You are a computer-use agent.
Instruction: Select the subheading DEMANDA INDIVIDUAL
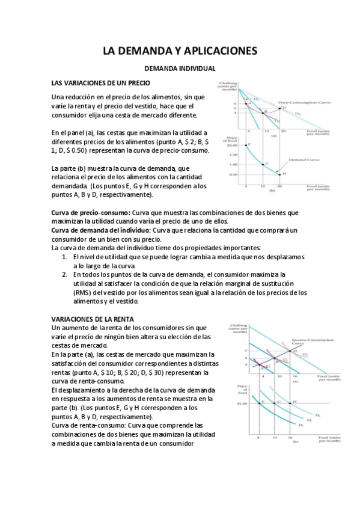tap(180, 70)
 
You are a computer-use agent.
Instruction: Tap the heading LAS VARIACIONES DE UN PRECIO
tap(100, 82)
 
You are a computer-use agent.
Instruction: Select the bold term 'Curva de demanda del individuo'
tap(99, 230)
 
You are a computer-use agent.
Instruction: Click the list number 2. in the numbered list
tap(66, 274)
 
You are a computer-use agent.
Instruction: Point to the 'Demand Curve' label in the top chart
tap(302, 161)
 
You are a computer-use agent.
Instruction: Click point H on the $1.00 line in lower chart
tap(294, 402)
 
